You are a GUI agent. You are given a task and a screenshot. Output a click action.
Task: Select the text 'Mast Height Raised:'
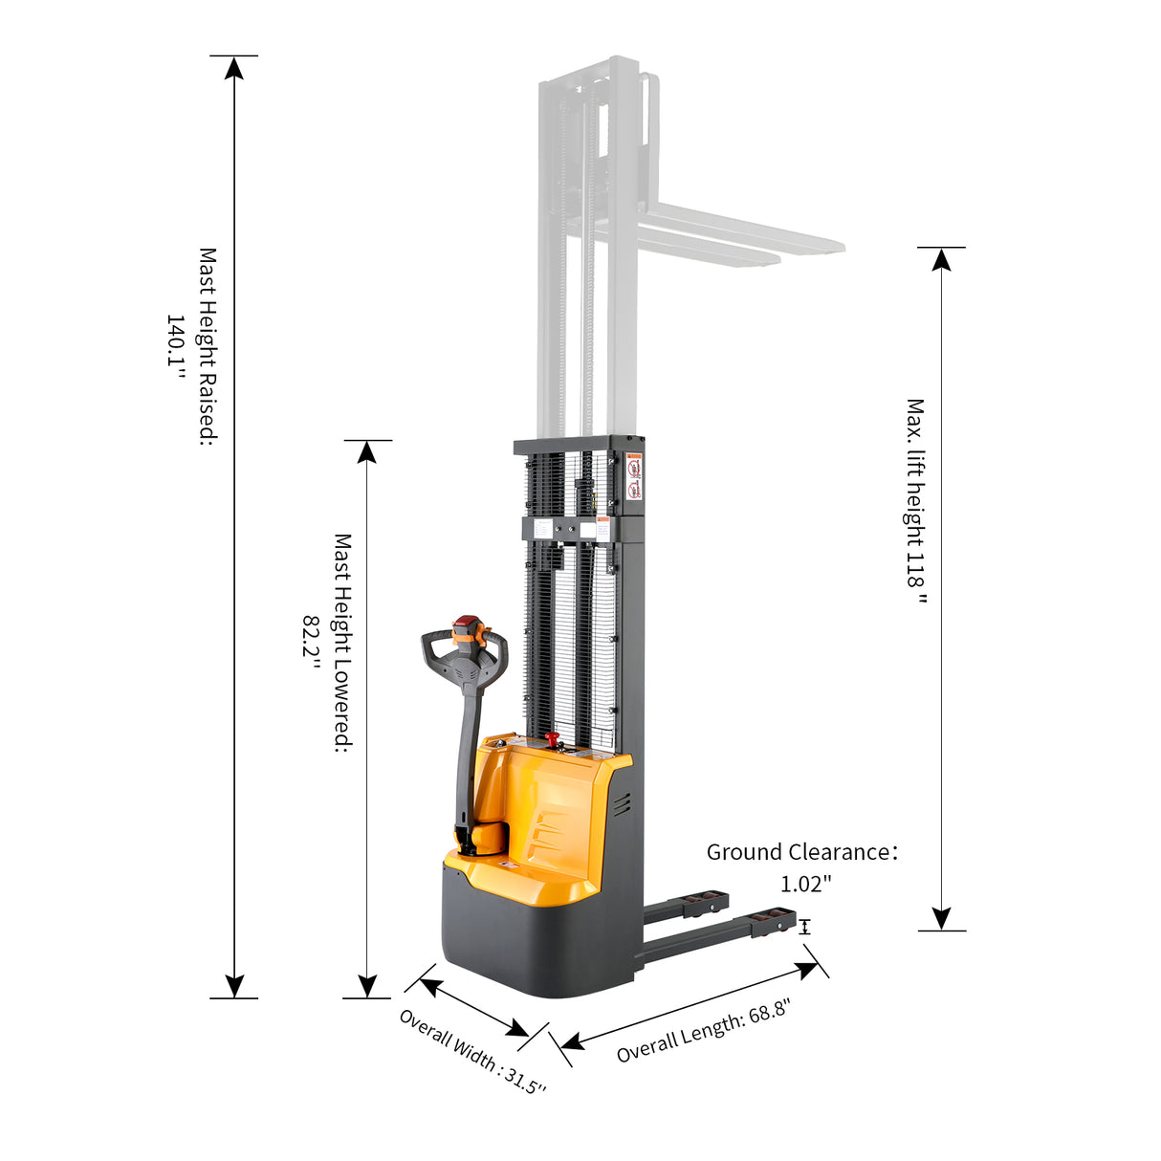(x=208, y=346)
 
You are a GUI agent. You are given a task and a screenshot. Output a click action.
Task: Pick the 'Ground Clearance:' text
(x=801, y=852)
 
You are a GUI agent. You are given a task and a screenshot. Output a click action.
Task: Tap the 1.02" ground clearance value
(x=806, y=884)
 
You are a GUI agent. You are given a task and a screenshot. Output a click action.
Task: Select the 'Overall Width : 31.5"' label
(x=472, y=1052)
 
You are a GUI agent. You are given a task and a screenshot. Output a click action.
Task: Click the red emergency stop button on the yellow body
(x=552, y=738)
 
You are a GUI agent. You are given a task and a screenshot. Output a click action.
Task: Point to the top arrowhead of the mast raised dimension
(x=234, y=67)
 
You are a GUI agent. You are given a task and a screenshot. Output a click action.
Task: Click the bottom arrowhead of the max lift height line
(x=942, y=919)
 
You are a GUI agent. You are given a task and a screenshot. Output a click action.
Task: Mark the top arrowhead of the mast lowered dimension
(x=367, y=451)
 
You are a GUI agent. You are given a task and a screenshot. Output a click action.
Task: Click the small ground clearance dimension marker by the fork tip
(x=805, y=927)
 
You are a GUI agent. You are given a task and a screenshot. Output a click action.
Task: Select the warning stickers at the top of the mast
(x=633, y=478)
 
